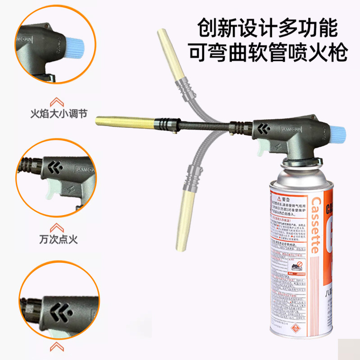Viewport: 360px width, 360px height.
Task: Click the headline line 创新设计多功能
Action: coord(267,28)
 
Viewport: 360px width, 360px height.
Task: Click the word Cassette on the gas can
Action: coord(315,225)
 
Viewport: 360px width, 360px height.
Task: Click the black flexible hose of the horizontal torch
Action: coord(202,126)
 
